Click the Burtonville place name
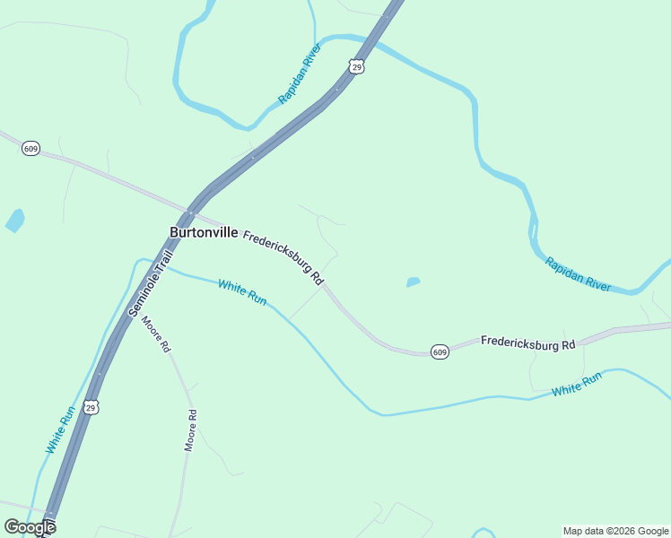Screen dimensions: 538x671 pos(204,232)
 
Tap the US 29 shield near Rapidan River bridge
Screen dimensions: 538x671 pos(356,67)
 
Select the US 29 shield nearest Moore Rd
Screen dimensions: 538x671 pos(91,407)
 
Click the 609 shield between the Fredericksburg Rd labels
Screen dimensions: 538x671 pos(439,351)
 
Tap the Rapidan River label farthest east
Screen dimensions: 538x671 pos(579,274)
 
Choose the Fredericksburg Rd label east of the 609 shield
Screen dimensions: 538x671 pos(527,343)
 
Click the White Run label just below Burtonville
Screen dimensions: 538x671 pos(242,292)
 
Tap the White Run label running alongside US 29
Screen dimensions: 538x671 pos(59,430)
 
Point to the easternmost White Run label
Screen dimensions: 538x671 pos(577,384)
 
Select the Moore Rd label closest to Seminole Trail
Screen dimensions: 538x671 pos(154,333)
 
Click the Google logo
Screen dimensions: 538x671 pos(30,527)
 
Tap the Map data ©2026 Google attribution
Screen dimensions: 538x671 pos(615,531)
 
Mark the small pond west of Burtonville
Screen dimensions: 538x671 pos(15,220)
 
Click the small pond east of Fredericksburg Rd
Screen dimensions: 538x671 pos(413,282)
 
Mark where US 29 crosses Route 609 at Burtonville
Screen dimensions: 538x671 pos(190,213)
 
